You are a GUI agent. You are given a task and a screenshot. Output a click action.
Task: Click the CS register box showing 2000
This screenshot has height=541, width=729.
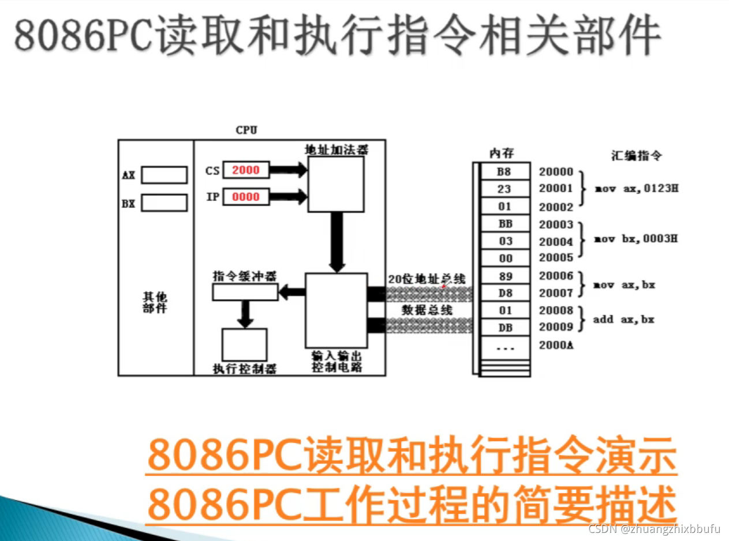click(x=246, y=170)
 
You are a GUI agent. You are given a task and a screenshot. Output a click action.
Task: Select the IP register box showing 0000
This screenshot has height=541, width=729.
click(x=246, y=197)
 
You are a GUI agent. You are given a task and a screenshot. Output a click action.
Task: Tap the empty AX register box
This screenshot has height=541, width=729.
click(x=164, y=175)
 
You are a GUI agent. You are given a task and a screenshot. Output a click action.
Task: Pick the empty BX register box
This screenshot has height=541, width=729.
click(x=164, y=203)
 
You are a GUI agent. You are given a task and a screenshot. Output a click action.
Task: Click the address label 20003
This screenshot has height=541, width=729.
click(x=556, y=224)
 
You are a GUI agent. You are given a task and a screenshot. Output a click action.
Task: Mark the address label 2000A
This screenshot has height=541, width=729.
click(x=556, y=345)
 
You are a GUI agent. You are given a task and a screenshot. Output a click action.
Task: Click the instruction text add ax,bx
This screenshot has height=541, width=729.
click(x=623, y=319)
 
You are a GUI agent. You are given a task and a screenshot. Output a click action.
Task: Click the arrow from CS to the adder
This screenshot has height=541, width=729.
click(x=289, y=170)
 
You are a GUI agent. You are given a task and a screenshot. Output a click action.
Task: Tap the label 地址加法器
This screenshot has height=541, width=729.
click(x=337, y=150)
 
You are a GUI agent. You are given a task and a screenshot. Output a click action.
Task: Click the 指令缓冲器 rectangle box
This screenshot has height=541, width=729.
click(x=245, y=292)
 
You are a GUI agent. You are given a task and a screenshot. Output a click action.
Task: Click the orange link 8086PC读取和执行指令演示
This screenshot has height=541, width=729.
click(x=412, y=455)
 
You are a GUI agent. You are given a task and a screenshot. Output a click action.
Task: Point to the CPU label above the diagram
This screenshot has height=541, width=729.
click(x=246, y=130)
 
